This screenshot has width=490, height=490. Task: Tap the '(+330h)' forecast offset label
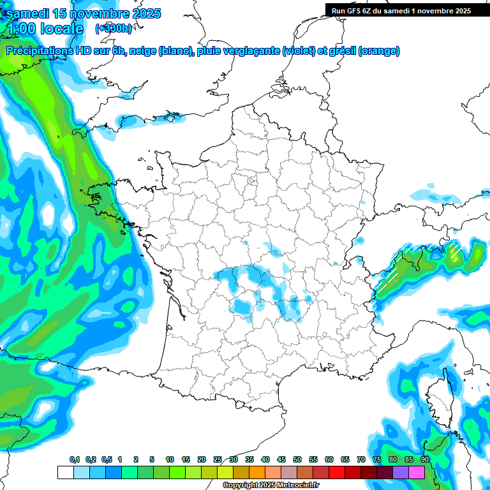(114, 29)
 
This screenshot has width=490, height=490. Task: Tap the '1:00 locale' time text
(46, 29)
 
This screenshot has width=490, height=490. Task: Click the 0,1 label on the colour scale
(75, 460)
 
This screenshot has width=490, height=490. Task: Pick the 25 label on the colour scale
(218, 460)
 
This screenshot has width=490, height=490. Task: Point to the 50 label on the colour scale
(297, 460)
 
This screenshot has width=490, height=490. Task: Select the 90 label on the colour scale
(425, 460)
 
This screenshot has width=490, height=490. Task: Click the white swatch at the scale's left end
(65, 472)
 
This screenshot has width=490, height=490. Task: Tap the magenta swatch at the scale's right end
(417, 472)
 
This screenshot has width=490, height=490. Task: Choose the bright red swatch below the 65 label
(337, 472)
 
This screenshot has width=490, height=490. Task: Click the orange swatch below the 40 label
(257, 472)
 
